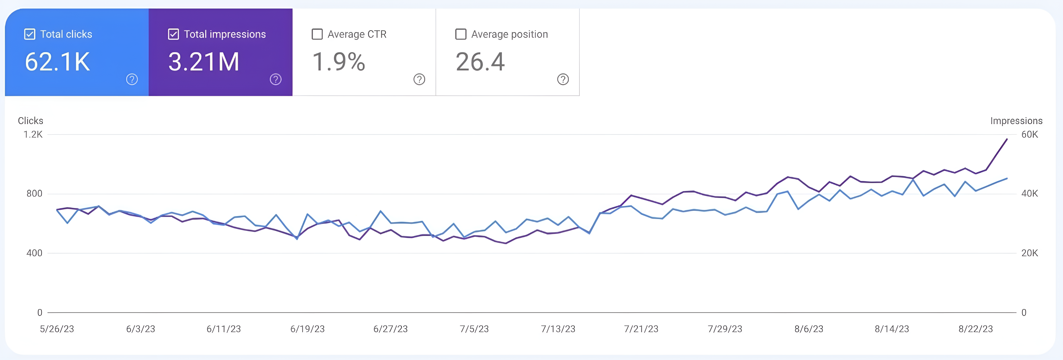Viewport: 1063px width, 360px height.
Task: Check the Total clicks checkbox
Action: [x=30, y=34]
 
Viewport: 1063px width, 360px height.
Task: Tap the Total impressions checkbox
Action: [x=173, y=34]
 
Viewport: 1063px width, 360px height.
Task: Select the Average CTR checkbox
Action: [x=317, y=34]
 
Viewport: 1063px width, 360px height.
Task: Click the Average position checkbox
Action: [x=460, y=34]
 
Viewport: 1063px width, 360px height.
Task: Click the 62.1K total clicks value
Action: [x=57, y=62]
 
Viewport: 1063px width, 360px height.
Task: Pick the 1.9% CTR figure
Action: [x=338, y=62]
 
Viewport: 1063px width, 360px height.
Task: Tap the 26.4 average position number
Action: [x=480, y=62]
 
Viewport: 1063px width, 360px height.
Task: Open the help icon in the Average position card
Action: [x=563, y=79]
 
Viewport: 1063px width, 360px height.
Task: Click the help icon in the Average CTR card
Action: [x=419, y=79]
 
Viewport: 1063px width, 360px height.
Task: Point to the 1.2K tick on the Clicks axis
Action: [x=33, y=135]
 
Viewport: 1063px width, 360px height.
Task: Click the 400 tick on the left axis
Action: [x=34, y=253]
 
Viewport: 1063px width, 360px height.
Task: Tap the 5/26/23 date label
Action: [x=57, y=329]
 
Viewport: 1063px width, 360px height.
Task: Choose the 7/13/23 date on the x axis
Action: [x=558, y=329]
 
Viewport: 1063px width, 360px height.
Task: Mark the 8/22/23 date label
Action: [x=976, y=329]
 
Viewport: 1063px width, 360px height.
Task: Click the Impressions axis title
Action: [x=1016, y=121]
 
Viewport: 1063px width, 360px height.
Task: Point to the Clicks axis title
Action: [x=30, y=121]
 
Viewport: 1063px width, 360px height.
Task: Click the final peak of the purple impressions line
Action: [x=1007, y=140]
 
